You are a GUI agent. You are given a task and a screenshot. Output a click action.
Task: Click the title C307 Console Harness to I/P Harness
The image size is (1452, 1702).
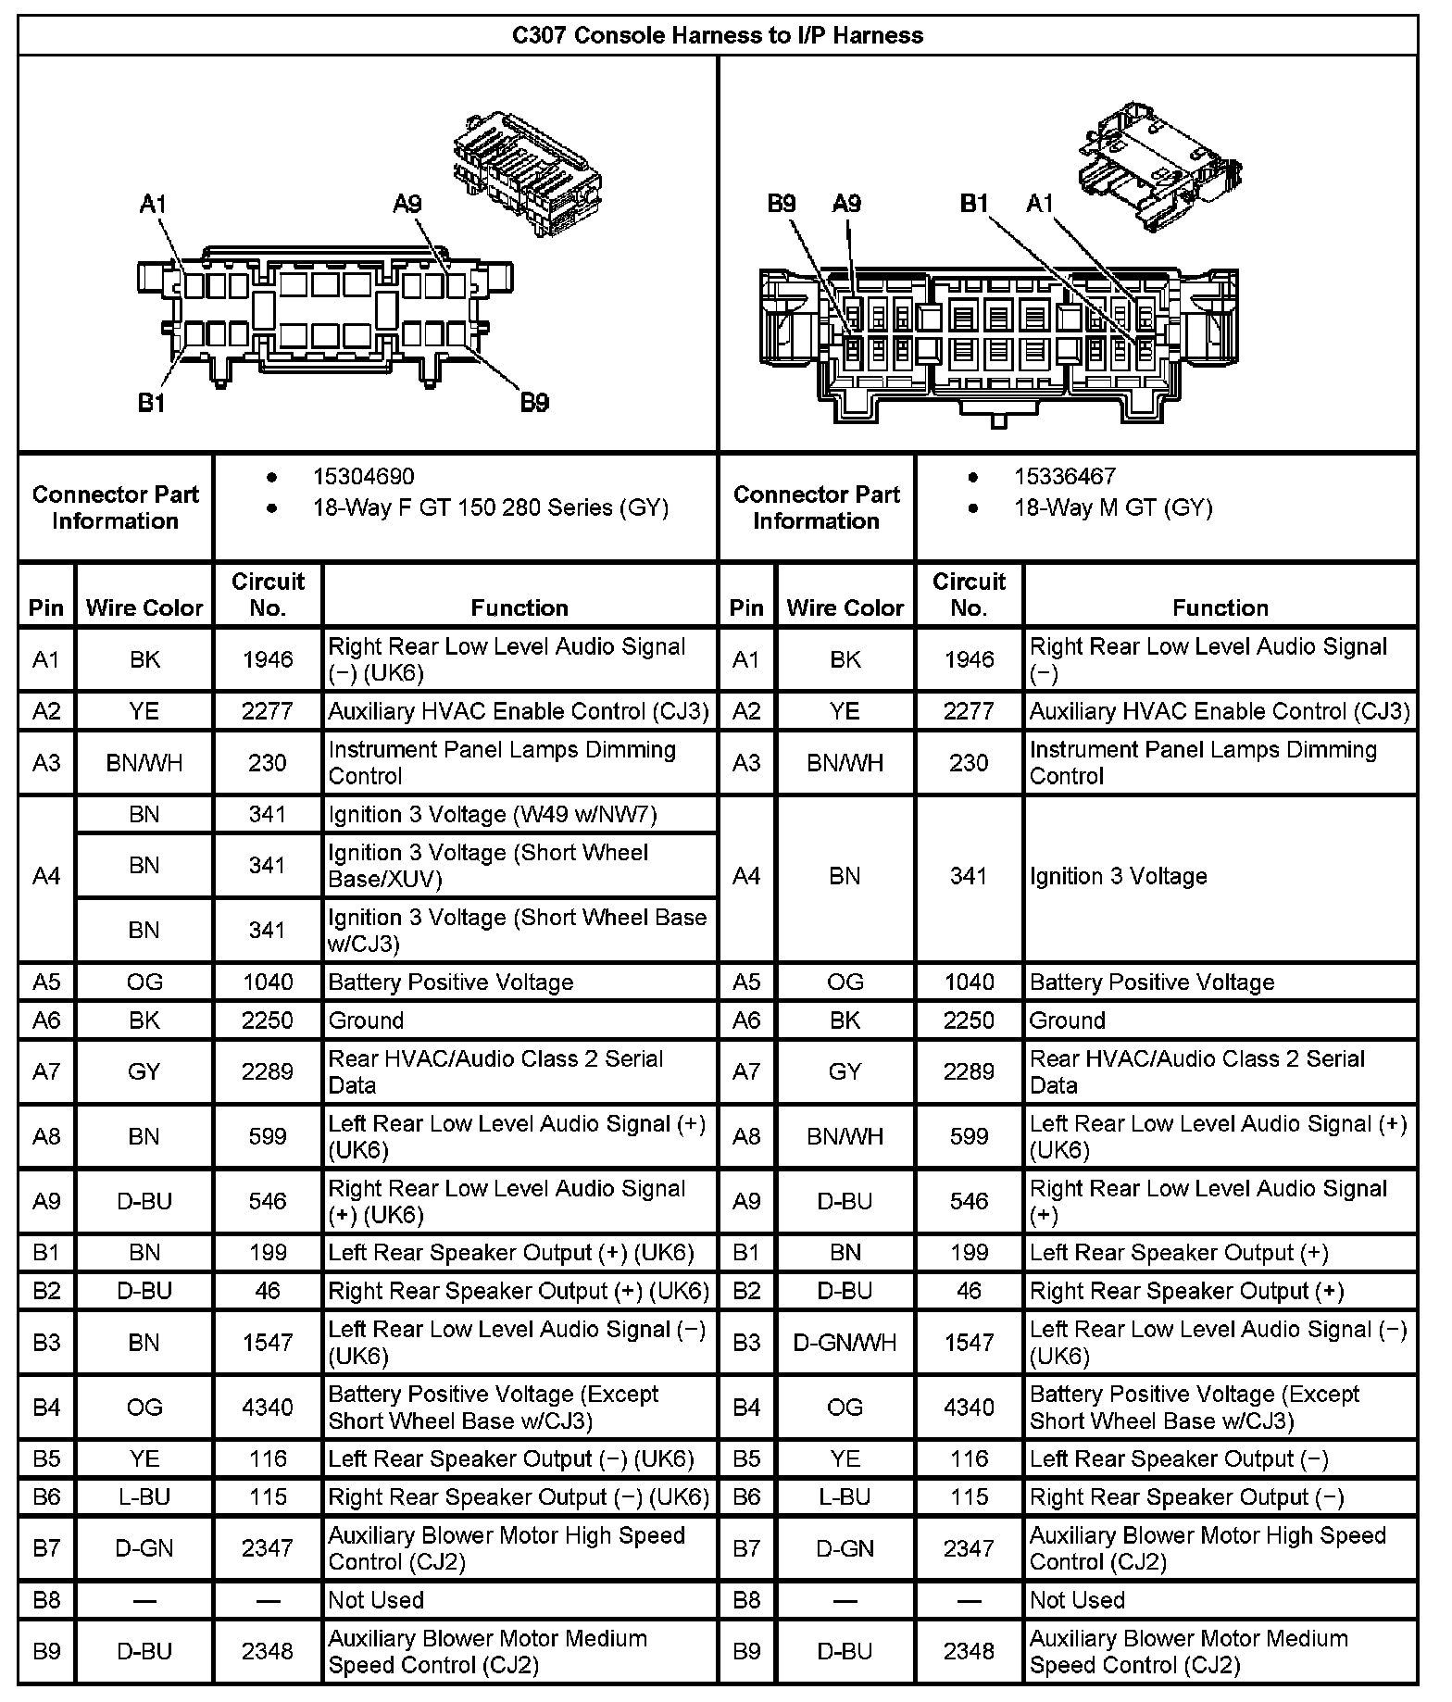[x=718, y=36]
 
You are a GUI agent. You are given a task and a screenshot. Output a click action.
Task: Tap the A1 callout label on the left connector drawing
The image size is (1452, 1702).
[x=153, y=204]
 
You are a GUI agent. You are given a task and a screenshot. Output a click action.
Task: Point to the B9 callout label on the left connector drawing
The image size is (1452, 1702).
[x=534, y=402]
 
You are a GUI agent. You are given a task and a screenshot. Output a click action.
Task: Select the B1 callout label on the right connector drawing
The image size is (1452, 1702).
[x=974, y=204]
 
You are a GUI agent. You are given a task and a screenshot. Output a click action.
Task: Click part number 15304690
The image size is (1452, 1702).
[x=363, y=477]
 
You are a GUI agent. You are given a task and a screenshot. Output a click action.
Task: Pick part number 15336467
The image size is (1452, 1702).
[x=1064, y=477]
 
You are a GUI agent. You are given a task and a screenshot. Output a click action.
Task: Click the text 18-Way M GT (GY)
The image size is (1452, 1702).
[x=1112, y=507]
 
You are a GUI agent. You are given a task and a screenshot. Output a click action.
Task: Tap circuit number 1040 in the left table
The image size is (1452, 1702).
[x=268, y=982]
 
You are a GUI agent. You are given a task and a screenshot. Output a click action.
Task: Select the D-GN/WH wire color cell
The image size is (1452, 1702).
[x=845, y=1343]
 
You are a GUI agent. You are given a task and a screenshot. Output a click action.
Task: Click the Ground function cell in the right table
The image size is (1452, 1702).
[x=1068, y=1020]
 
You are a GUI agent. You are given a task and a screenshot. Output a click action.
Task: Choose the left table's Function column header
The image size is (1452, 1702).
[x=519, y=607]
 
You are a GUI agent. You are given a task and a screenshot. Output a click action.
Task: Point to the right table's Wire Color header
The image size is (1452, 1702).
[x=845, y=607]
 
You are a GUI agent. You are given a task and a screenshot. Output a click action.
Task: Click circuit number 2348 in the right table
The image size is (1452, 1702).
[x=969, y=1652]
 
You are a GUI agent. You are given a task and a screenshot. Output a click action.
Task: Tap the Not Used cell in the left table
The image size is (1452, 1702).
[x=376, y=1600]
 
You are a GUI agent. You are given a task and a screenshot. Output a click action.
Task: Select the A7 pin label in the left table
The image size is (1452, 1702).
[x=46, y=1072]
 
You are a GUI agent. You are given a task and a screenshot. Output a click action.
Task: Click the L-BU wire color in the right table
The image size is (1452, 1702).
[x=845, y=1497]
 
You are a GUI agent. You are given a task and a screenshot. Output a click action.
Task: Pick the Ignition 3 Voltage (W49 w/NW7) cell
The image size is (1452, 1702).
[x=493, y=815]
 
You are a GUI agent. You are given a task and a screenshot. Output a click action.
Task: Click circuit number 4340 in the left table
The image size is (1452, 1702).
[x=268, y=1408]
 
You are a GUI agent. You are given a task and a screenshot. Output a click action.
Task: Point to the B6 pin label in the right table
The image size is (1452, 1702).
[x=746, y=1497]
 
